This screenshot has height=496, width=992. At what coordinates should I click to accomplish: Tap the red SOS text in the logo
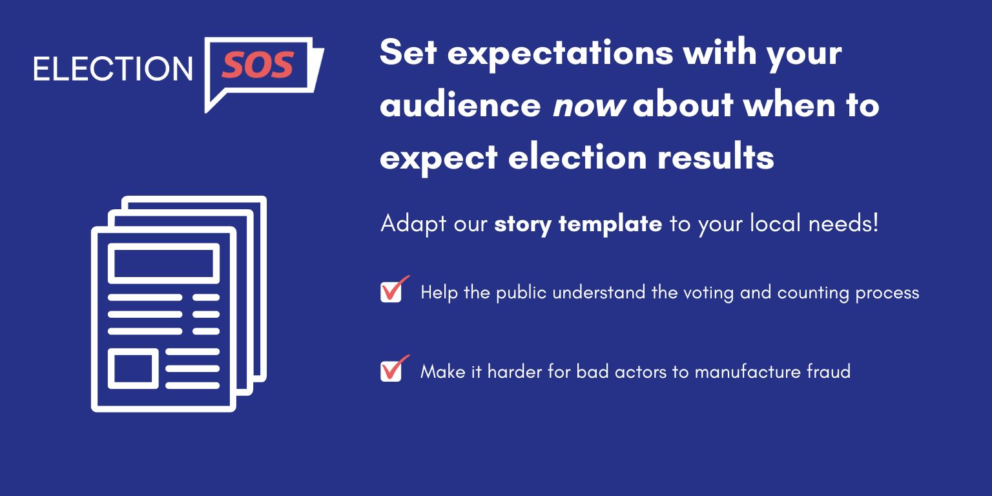tap(258, 66)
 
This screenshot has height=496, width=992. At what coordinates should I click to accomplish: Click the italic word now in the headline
tap(588, 105)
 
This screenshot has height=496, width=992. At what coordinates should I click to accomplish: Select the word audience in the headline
tap(460, 105)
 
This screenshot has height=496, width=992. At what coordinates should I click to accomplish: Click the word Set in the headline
tap(408, 52)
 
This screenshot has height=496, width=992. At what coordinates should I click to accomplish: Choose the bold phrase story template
tap(578, 224)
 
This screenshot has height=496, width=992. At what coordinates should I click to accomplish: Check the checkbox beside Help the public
tap(391, 292)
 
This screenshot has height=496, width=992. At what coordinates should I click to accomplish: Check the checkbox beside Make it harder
tap(391, 371)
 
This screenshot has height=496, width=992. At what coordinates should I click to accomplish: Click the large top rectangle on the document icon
tap(163, 263)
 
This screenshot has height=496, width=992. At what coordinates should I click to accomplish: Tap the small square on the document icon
tap(133, 369)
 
